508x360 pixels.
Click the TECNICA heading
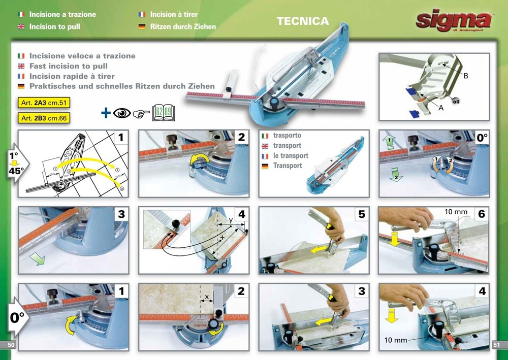303,21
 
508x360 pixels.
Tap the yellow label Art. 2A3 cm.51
43,103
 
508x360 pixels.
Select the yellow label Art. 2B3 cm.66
43,118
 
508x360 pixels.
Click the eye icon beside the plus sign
122,112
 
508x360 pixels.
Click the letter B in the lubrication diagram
465,76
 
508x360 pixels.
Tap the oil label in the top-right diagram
456,100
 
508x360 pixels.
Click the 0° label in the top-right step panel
481,137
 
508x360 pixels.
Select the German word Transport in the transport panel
288,166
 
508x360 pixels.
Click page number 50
10,345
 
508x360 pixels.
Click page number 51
497,345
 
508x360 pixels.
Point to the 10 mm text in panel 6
456,211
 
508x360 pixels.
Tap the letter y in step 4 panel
231,219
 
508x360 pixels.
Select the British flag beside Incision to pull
21,26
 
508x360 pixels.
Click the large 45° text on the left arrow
15,171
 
